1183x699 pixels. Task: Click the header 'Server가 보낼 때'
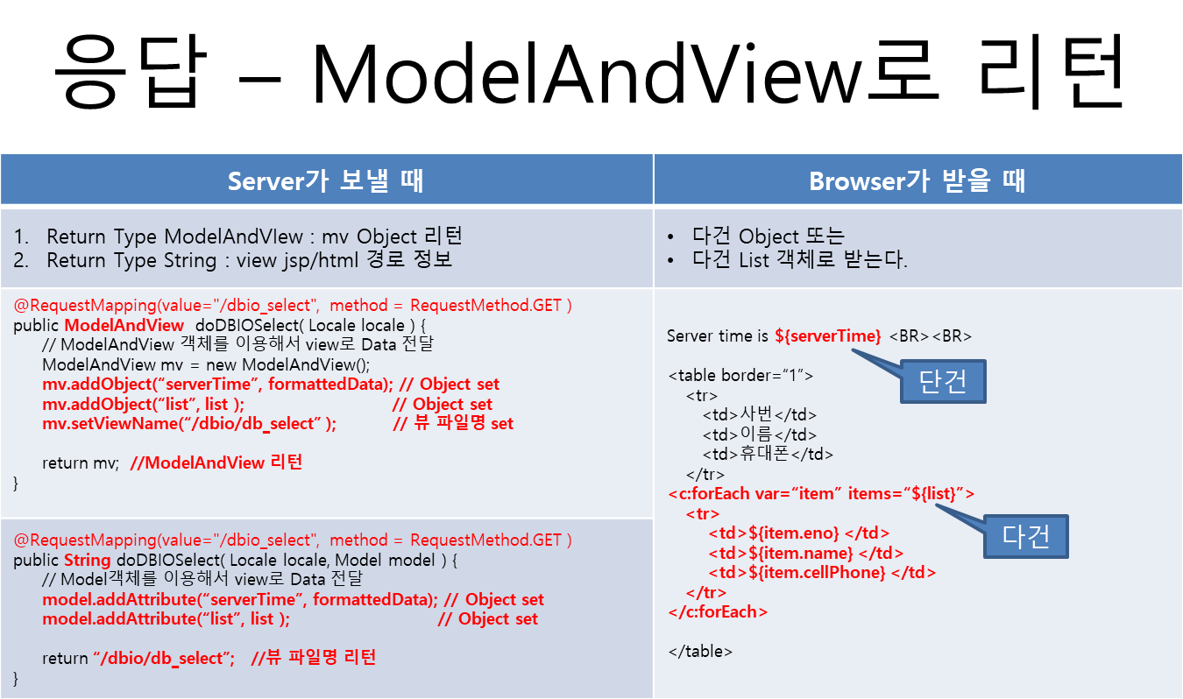(326, 180)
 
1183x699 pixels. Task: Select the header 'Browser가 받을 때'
(917, 180)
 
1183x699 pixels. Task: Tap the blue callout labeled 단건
(943, 382)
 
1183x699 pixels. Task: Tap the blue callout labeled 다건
(1025, 535)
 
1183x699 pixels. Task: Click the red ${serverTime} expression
(827, 335)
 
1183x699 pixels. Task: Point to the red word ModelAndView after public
(124, 325)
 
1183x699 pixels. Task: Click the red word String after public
(87, 560)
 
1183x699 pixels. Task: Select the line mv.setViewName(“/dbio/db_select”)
(189, 424)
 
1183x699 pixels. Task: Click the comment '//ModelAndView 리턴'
(216, 462)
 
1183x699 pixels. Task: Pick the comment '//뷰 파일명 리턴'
(313, 658)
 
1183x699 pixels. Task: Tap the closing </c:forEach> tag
(718, 612)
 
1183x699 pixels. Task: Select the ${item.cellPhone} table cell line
(822, 573)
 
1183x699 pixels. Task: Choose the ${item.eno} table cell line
(799, 533)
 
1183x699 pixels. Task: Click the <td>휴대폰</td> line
(767, 454)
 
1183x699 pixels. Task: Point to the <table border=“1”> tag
(740, 376)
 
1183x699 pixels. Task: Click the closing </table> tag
(700, 651)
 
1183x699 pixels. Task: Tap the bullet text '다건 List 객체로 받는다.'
(799, 261)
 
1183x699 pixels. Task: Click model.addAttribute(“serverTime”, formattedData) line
(239, 600)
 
